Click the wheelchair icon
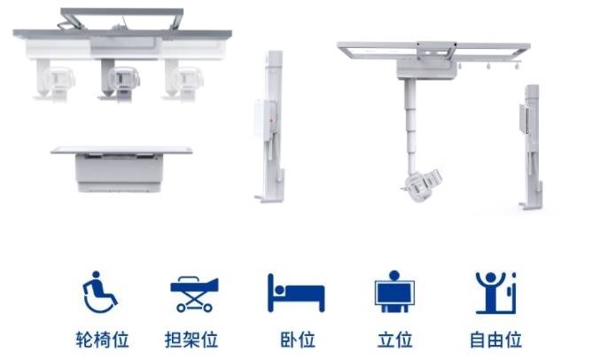99,292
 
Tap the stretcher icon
194,293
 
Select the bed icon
296,293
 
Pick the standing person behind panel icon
394,292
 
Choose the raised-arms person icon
495,293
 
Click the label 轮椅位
102,340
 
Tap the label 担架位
191,340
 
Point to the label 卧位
298,340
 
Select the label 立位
394,340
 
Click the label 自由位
495,340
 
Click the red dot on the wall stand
271,121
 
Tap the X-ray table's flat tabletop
121,151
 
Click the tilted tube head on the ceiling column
422,185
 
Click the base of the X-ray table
120,173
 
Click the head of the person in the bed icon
279,290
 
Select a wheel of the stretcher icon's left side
181,308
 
